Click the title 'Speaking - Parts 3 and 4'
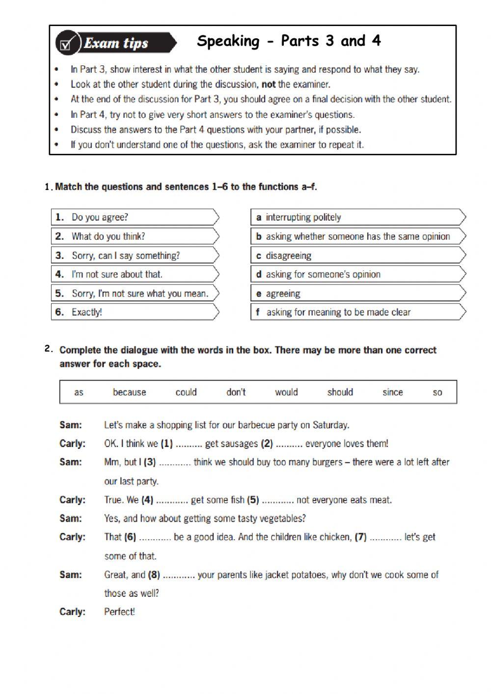pyautogui.click(x=289, y=41)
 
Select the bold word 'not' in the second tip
pyautogui.click(x=269, y=84)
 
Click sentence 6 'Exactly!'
pyautogui.click(x=87, y=312)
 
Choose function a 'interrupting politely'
pyautogui.click(x=303, y=217)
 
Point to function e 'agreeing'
pyautogui.click(x=283, y=294)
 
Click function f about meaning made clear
pyautogui.click(x=338, y=312)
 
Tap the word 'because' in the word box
pyautogui.click(x=129, y=392)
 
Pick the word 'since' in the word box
pyautogui.click(x=392, y=392)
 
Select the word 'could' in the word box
pyautogui.click(x=186, y=392)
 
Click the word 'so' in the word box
pyautogui.click(x=437, y=392)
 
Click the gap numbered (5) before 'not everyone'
pyautogui.click(x=277, y=500)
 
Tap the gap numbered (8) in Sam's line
pyautogui.click(x=179, y=575)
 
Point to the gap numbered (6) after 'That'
pyautogui.click(x=155, y=537)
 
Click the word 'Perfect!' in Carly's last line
pyautogui.click(x=119, y=612)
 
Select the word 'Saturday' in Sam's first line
pyautogui.click(x=330, y=425)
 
